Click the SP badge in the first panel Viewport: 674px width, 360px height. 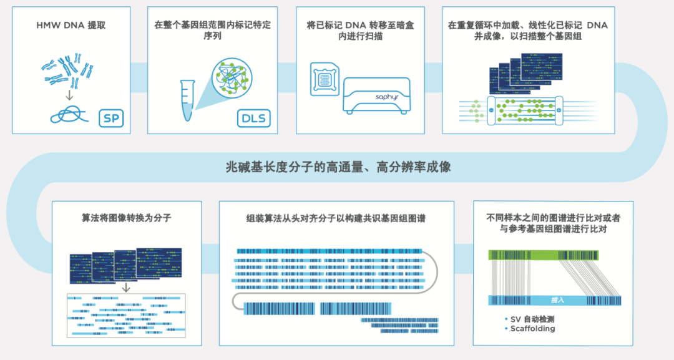pos(111,118)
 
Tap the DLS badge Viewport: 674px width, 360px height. pos(253,118)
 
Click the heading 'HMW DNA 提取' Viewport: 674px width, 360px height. pos(71,26)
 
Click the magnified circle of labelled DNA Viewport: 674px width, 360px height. pos(232,78)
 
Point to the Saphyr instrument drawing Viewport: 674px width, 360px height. pos(376,96)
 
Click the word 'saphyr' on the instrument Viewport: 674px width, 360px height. pos(388,97)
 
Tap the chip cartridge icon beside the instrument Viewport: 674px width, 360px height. pos(325,79)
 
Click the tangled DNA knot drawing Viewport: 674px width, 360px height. pos(69,115)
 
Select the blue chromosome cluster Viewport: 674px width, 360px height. pos(67,69)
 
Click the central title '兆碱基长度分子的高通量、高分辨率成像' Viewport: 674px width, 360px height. pos(338,167)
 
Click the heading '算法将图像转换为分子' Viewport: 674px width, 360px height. pos(126,218)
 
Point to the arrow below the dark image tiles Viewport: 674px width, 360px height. pos(126,288)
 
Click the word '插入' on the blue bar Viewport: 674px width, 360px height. pos(557,300)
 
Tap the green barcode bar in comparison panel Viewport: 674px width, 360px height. pos(544,255)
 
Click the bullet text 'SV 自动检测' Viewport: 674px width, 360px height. pos(532,319)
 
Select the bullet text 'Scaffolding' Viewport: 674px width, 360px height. pos(532,329)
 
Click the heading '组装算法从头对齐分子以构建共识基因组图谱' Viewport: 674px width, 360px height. pos(336,218)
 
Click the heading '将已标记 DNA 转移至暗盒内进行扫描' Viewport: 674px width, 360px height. pos(360,31)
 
